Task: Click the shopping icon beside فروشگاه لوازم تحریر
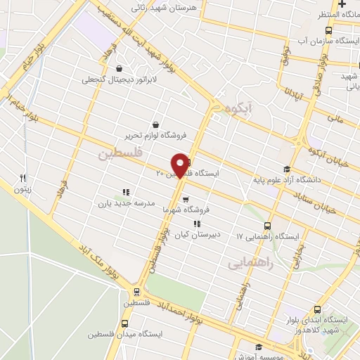pyautogui.click(x=165, y=124)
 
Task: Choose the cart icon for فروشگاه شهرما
pyautogui.click(x=185, y=199)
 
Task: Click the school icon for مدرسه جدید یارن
pyautogui.click(x=127, y=191)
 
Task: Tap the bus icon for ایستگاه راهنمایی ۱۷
pyautogui.click(x=267, y=226)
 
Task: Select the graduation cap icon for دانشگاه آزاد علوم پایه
pyautogui.click(x=285, y=169)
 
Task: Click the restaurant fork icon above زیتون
pyautogui.click(x=22, y=178)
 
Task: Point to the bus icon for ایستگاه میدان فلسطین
pyautogui.click(x=124, y=324)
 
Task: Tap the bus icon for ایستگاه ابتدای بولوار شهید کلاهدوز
pyautogui.click(x=319, y=309)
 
